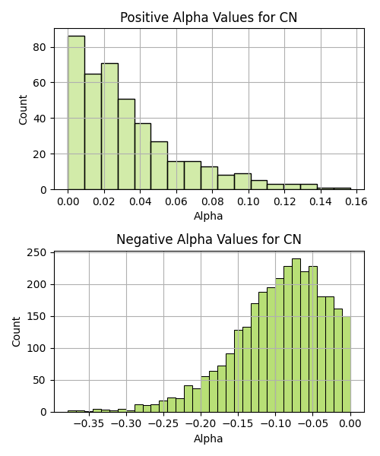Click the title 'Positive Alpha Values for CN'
pos(208,17)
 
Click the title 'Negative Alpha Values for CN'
pos(208,239)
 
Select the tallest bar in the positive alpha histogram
pos(77,112)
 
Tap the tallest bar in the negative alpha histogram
pos(296,335)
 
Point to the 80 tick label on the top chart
pos(40,47)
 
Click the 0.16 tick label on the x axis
pos(356,201)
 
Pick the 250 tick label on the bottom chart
pos(36,252)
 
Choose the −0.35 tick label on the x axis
pos(89,424)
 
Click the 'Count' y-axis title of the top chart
pos(23,109)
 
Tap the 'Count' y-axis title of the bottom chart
pos(16,332)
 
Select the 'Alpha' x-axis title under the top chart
pos(208,216)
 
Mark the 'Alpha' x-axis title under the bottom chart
pos(208,439)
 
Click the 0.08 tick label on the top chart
pos(212,201)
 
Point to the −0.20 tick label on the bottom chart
pos(201,424)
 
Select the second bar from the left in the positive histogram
pos(93,131)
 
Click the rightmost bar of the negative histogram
pos(347,364)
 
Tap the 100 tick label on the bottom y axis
pos(36,348)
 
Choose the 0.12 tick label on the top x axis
pos(284,201)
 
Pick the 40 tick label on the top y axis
pos(40,119)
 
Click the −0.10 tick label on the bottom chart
pos(276,424)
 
